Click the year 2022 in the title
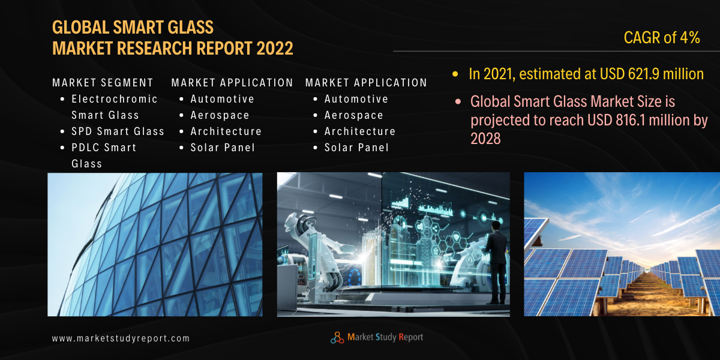tap(275, 48)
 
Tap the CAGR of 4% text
tap(662, 38)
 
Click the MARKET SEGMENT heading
tap(103, 83)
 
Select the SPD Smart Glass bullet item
tap(118, 131)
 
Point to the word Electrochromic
tap(115, 99)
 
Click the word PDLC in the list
tap(84, 148)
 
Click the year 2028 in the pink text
tap(485, 139)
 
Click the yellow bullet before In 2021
tap(455, 74)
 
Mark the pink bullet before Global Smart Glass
tap(458, 102)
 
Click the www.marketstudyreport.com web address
tap(121, 338)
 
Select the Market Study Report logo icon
tap(337, 337)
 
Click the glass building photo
tap(155, 244)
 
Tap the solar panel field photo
tap(622, 244)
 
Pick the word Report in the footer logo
tap(411, 337)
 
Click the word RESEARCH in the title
tap(155, 48)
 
